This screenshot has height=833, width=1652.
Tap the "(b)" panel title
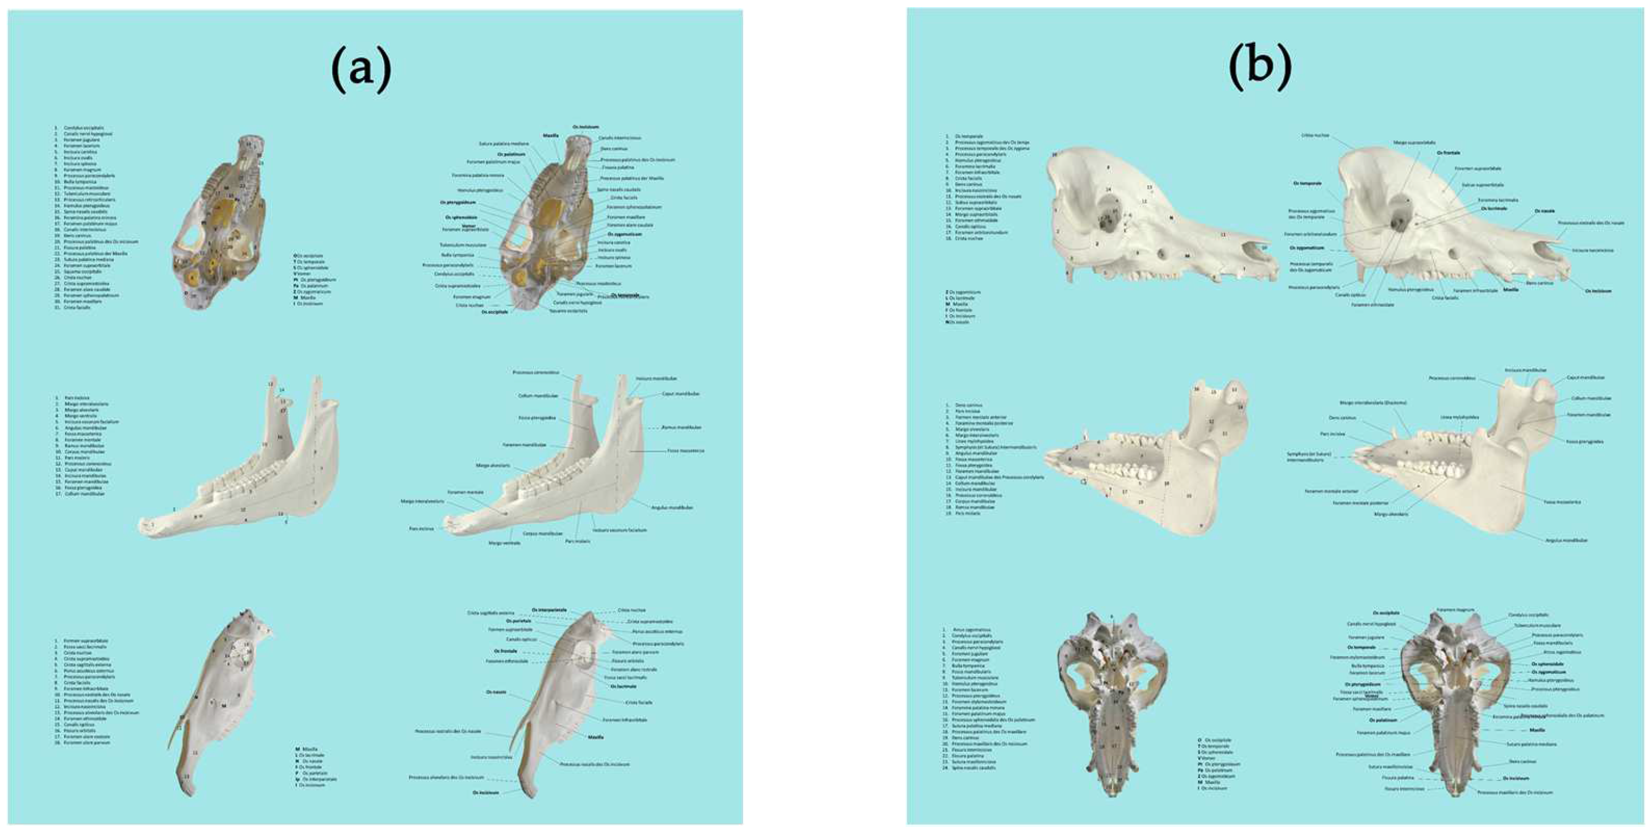[1259, 71]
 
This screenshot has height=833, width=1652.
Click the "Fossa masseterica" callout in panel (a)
[686, 451]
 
